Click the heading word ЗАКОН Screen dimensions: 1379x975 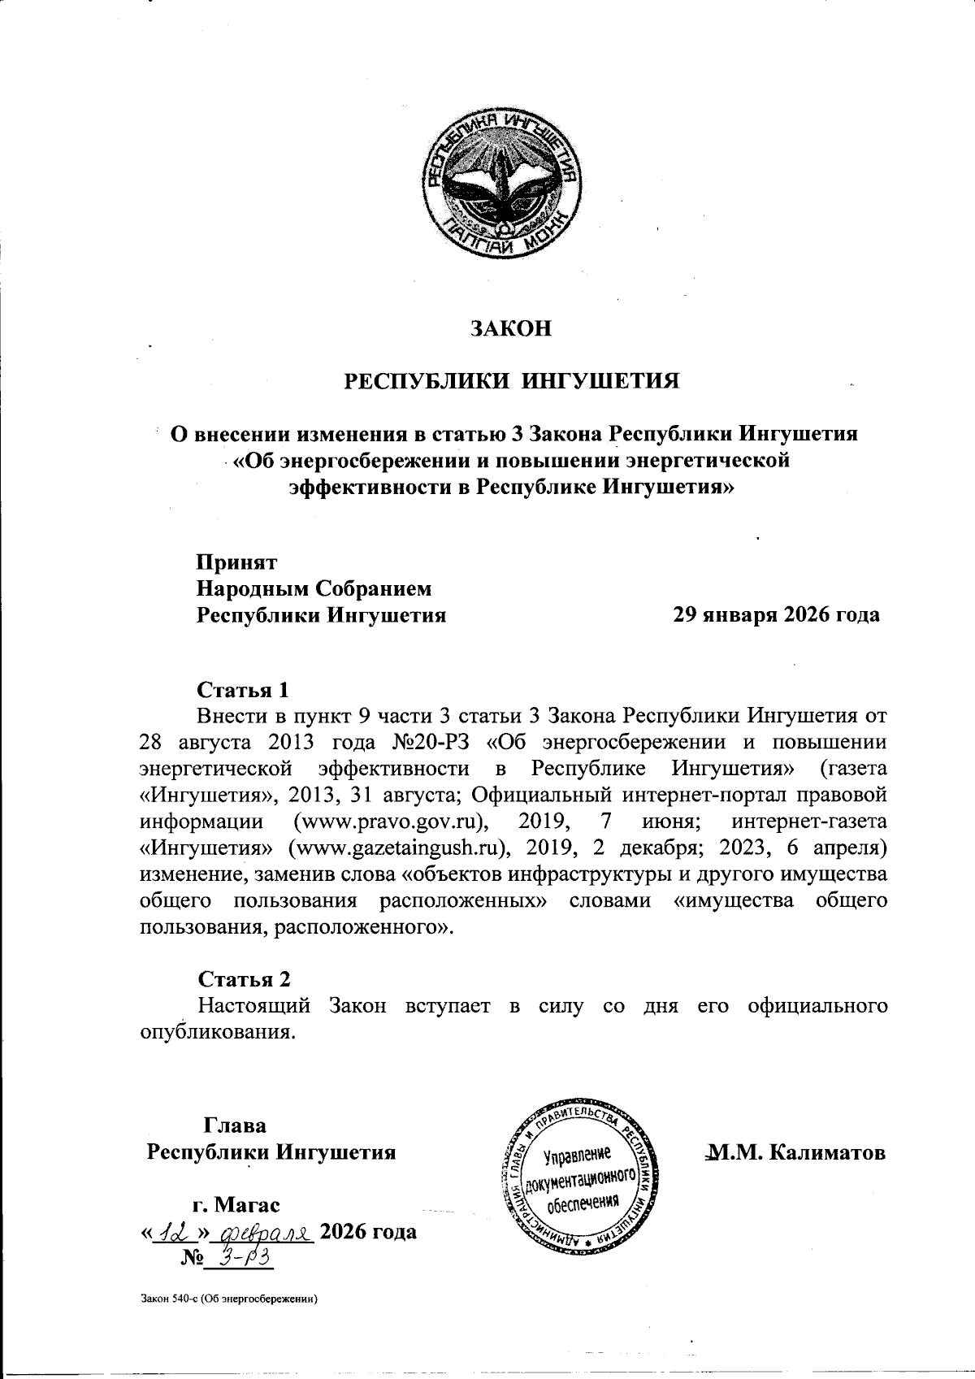click(512, 328)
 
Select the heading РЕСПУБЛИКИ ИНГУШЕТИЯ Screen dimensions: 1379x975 click(512, 380)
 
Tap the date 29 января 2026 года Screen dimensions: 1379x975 click(775, 614)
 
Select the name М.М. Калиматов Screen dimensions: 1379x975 click(795, 1152)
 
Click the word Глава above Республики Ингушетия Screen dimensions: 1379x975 click(235, 1126)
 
